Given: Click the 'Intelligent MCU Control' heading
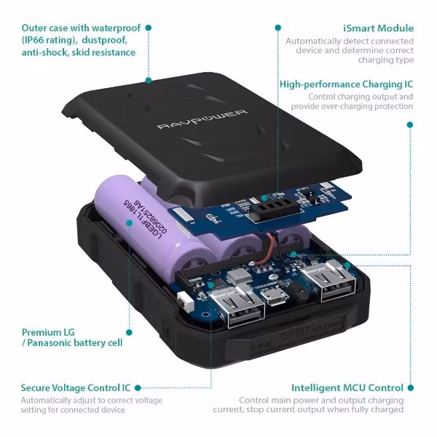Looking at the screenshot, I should point(347,388).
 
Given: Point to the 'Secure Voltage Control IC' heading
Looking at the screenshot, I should point(77,388).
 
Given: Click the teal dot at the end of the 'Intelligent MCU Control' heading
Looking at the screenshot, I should point(410,388).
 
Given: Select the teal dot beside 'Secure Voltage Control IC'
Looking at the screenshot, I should point(138,388).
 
